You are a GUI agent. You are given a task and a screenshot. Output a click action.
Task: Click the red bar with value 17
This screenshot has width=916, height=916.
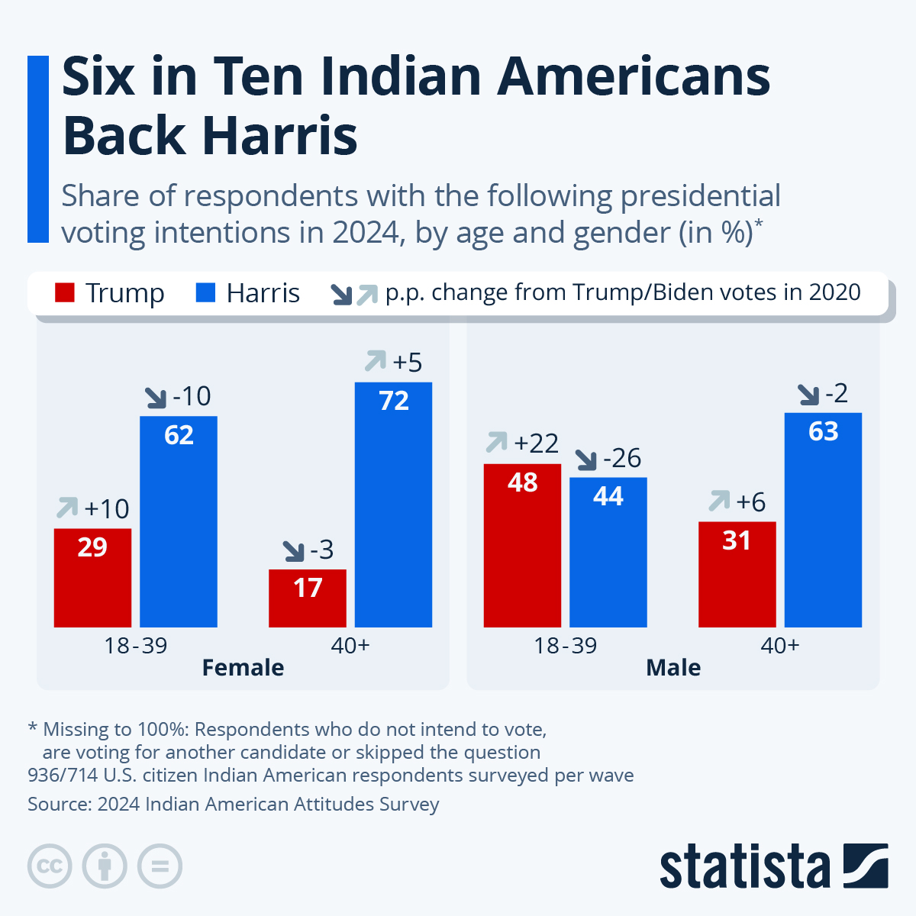point(308,598)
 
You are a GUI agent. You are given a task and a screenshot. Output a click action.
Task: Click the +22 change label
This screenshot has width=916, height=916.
point(536,443)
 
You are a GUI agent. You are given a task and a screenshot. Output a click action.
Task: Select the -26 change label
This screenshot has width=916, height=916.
point(622,458)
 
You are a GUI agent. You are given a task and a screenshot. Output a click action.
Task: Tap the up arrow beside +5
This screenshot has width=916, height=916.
point(376,360)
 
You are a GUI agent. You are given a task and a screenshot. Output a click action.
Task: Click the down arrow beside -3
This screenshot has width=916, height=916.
point(293,550)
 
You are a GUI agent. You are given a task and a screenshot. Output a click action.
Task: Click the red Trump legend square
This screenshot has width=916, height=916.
point(65,293)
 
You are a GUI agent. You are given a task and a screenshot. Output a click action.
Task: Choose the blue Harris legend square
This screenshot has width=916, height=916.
point(205,293)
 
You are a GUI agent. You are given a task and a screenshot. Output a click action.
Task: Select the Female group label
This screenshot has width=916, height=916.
point(243,668)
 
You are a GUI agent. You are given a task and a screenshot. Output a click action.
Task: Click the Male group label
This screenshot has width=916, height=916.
point(673,668)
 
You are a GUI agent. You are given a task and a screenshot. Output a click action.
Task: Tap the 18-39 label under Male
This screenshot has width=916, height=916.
point(565,646)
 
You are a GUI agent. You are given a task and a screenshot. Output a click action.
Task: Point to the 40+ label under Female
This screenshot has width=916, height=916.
point(350,646)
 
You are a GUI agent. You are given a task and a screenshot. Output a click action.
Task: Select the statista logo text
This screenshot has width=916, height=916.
point(744,866)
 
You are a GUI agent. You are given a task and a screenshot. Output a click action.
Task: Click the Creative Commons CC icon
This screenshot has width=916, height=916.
point(50,866)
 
